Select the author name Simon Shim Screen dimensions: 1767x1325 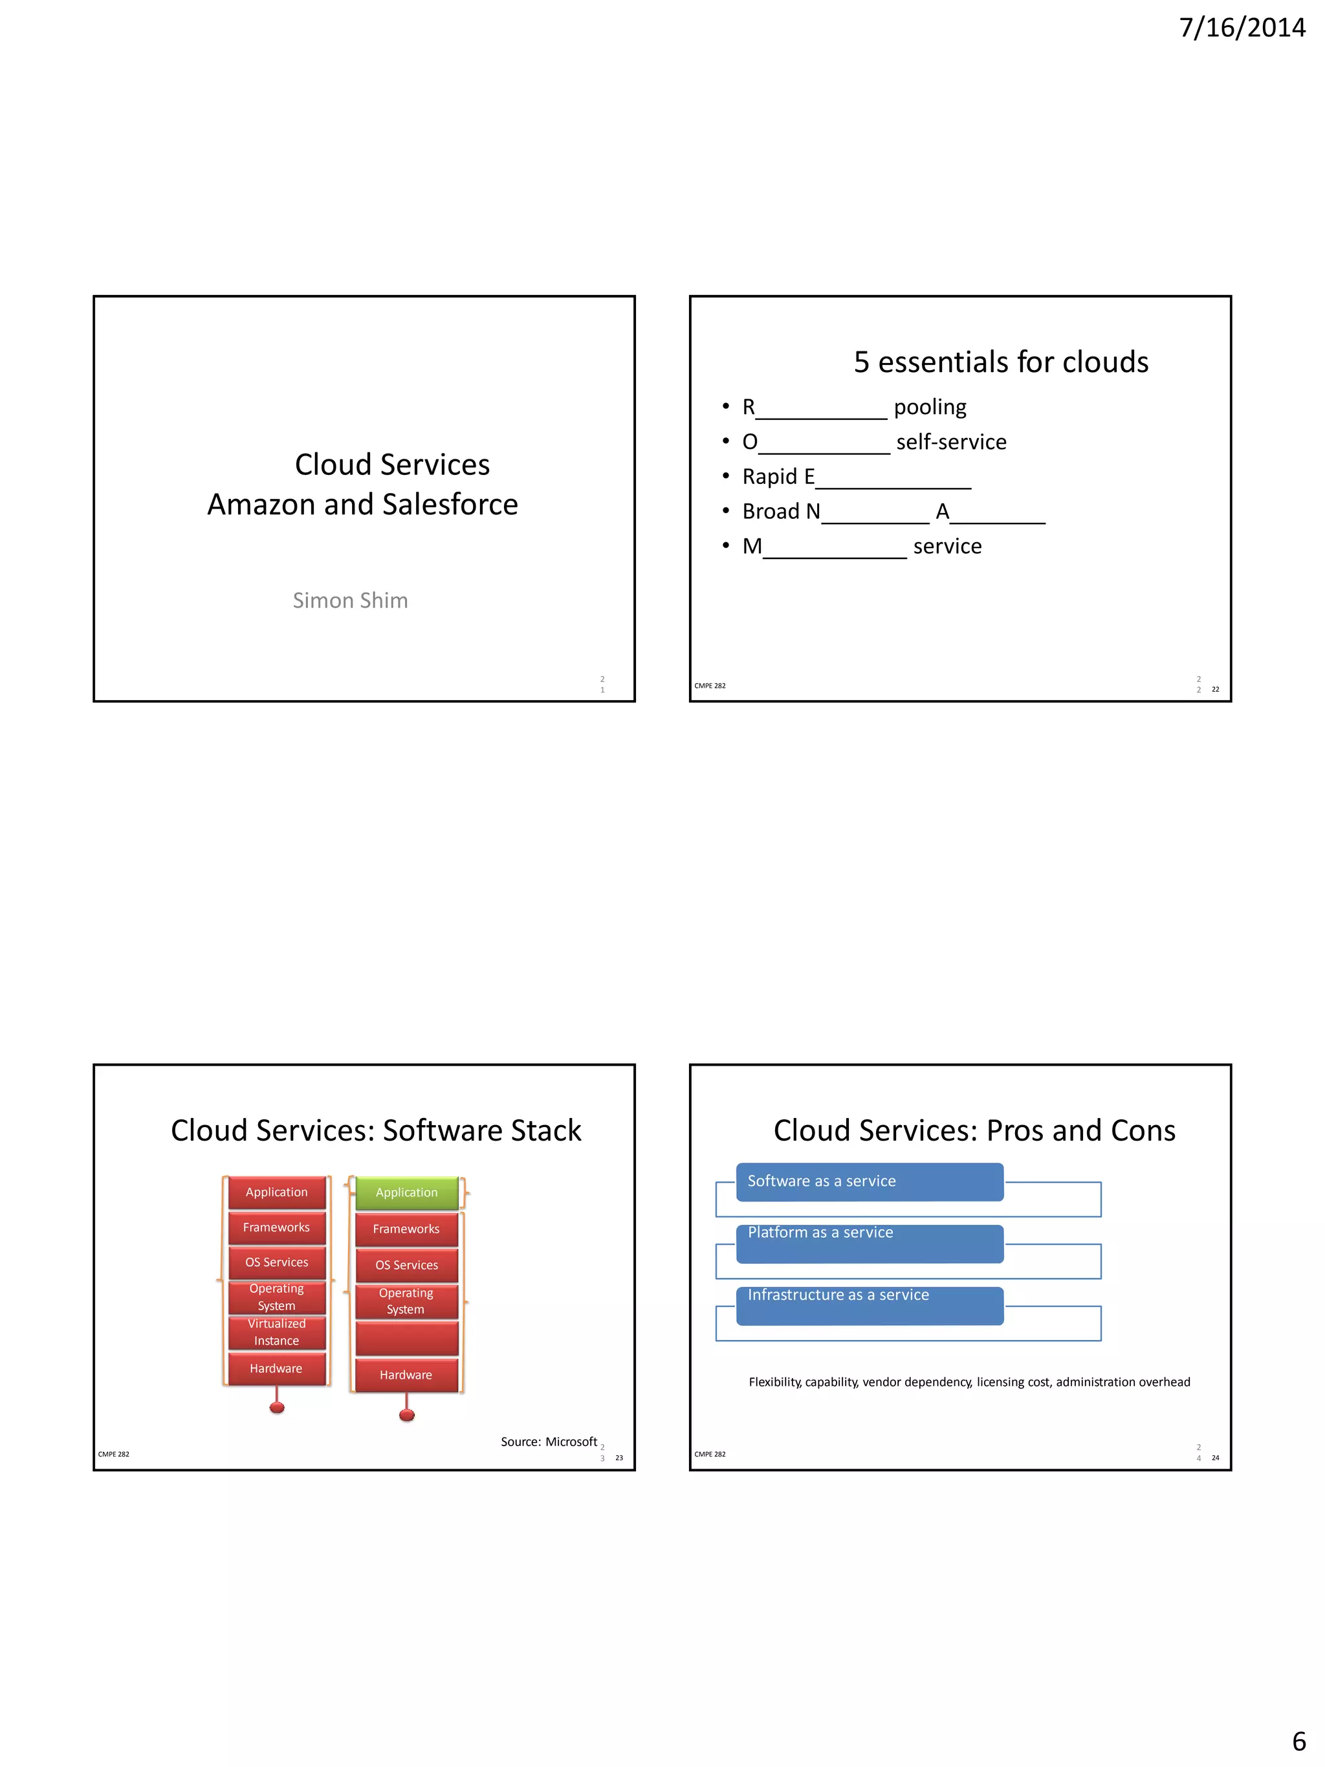[350, 600]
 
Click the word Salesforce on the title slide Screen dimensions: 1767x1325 [450, 504]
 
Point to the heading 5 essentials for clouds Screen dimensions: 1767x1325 [1000, 362]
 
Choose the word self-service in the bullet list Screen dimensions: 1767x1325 [950, 442]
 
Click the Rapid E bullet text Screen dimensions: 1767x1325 [778, 477]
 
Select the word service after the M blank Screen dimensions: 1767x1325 [947, 546]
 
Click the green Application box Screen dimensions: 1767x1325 [406, 1192]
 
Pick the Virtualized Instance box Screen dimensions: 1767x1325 [276, 1332]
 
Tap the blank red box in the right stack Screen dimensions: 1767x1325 [406, 1338]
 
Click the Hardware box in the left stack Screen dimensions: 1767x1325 [276, 1368]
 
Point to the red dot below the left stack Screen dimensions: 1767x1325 [277, 1407]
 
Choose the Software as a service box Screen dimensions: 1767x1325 [869, 1181]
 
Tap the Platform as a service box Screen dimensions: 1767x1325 [869, 1243]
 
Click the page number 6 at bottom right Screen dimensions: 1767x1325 [1298, 1740]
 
